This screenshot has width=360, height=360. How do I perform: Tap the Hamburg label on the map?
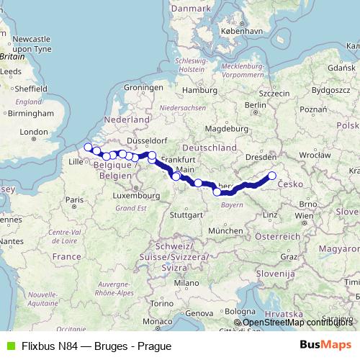[x=194, y=91]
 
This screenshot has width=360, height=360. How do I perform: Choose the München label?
[x=223, y=230]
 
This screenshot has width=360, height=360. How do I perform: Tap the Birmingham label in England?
[x=28, y=113]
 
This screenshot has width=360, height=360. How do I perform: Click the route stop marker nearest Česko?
[x=272, y=176]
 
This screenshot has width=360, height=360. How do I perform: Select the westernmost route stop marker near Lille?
[x=88, y=148]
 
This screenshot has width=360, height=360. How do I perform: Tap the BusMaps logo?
[x=325, y=345]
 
